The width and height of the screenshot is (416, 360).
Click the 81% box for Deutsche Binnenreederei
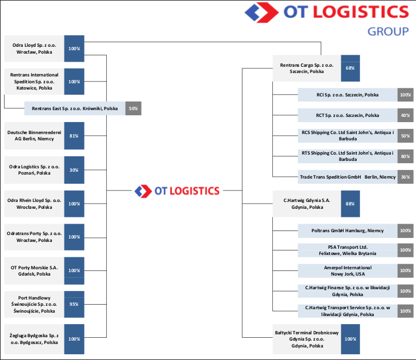pos(74,136)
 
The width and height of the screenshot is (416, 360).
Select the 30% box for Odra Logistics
pos(74,170)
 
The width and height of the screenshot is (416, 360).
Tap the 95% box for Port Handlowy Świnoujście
pos(74,304)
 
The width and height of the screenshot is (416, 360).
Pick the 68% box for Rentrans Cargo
pos(350,68)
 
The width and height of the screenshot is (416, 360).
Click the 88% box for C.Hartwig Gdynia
pos(350,204)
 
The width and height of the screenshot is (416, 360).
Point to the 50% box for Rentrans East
pos(133,108)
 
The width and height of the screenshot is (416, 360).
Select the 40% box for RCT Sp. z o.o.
pos(405,115)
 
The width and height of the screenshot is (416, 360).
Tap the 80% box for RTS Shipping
pos(405,156)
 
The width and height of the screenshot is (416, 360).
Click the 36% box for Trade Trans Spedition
pos(405,177)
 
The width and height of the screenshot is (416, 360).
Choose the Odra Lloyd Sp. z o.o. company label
pos(34,48)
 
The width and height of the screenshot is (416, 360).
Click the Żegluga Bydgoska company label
pos(34,339)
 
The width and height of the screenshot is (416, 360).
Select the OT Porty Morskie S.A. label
pos(34,270)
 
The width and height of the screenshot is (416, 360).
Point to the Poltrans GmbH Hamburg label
pos(348,231)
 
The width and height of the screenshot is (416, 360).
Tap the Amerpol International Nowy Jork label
pos(348,271)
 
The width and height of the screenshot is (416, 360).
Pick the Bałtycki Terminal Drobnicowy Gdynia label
pos(306,339)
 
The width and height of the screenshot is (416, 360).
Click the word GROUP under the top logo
pos(388,31)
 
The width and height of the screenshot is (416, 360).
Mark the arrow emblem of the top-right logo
pos(261,12)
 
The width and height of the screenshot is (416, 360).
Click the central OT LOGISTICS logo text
pos(187,191)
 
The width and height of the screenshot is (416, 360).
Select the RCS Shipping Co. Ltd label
pos(348,136)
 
